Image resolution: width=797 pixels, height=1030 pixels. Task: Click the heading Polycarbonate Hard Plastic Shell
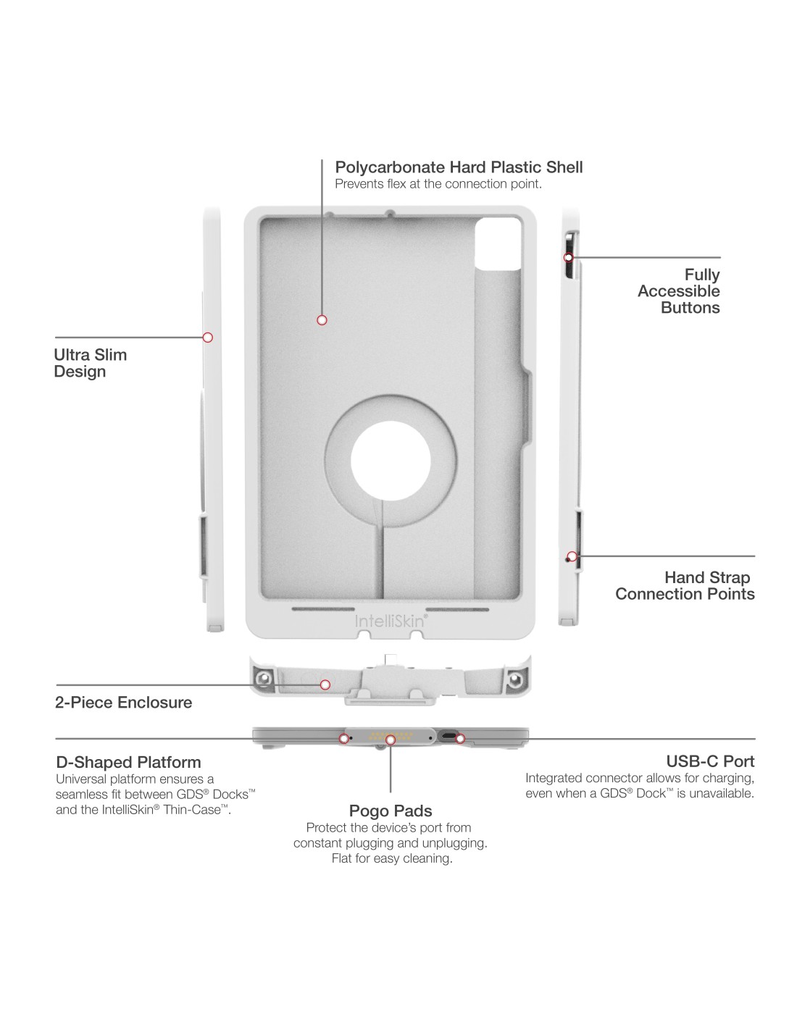[x=459, y=167]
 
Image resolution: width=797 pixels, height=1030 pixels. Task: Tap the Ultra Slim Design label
[x=90, y=363]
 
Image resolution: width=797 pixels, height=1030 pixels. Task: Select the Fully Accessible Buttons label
[x=679, y=291]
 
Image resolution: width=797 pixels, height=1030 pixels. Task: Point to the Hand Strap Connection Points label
[x=685, y=586]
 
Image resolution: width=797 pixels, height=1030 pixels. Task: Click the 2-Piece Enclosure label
[x=123, y=703]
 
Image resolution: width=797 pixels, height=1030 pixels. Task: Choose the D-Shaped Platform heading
[x=128, y=762]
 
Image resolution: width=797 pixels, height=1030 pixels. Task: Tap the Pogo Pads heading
[x=391, y=811]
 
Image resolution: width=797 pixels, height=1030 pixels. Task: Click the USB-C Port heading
[x=710, y=761]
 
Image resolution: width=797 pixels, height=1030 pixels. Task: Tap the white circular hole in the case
[x=391, y=461]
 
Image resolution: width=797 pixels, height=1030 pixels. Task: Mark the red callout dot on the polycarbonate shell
[x=322, y=320]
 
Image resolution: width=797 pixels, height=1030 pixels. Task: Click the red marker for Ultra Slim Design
[x=208, y=337]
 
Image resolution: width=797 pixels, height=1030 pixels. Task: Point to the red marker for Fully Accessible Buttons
[x=569, y=257]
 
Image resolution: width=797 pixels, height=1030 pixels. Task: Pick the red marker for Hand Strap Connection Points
[x=572, y=556]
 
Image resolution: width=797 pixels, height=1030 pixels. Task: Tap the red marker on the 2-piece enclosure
[x=325, y=684]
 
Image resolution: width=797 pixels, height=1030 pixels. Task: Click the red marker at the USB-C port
[x=460, y=739]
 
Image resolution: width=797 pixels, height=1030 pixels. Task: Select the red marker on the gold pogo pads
[x=391, y=740]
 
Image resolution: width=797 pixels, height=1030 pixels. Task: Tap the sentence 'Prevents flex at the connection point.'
[x=438, y=184]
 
